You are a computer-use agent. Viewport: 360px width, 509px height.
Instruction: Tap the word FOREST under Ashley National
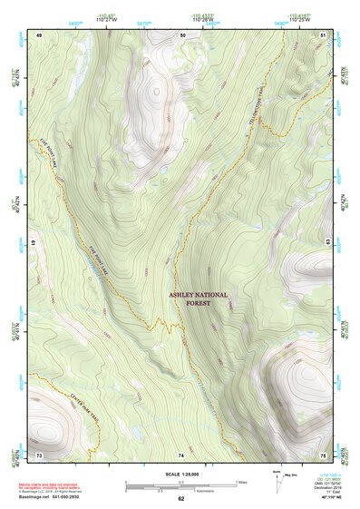click(x=198, y=305)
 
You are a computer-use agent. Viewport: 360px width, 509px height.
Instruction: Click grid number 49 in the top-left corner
click(x=39, y=34)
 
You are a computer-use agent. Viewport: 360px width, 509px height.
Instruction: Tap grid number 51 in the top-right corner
click(x=324, y=34)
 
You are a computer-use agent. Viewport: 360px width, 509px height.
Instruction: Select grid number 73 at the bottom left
click(x=39, y=454)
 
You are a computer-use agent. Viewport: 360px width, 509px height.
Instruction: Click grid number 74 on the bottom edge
click(x=181, y=454)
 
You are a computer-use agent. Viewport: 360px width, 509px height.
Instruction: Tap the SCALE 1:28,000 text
click(x=180, y=474)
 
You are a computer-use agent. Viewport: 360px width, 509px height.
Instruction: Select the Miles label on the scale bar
click(x=241, y=481)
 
